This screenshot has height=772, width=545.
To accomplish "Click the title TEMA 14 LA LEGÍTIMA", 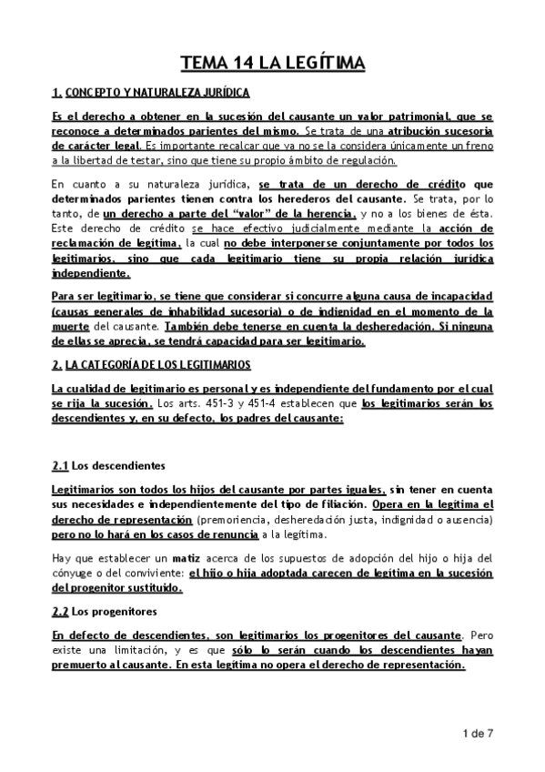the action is (272, 63).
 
